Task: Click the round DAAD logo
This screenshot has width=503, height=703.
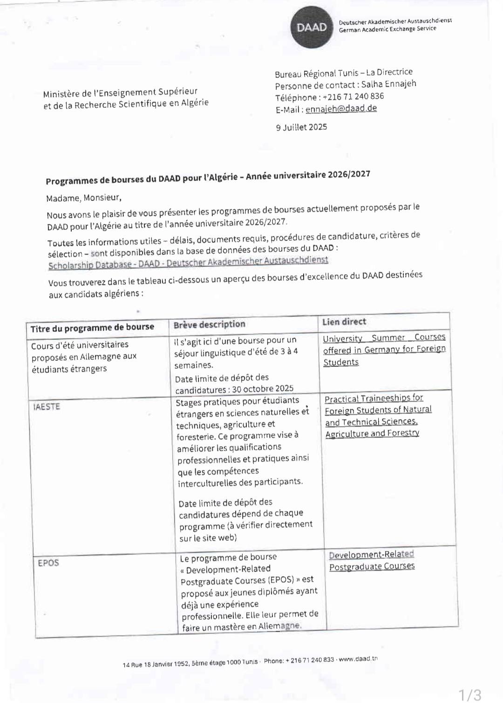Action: pos(312,28)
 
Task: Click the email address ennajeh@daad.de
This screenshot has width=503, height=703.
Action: pos(341,109)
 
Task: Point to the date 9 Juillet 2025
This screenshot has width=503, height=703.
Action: pos(301,127)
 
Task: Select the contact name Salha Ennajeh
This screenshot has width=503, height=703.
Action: pos(388,84)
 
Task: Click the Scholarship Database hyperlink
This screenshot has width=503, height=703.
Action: pos(188,262)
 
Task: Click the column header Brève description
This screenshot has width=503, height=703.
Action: pos(210,324)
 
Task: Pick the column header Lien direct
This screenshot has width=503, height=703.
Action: pos(344,322)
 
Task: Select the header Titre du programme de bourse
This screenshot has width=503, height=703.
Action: pos(92,328)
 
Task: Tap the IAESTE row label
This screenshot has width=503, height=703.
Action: pos(47,407)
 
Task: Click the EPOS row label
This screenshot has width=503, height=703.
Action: pos(48,563)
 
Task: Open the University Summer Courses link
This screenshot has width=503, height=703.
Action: pos(384,349)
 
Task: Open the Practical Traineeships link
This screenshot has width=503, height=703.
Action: pos(378,415)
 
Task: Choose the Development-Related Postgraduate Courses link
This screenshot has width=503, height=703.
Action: pos(372,560)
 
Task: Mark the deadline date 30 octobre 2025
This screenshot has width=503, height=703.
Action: pos(263,389)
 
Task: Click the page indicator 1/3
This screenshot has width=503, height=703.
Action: pos(470,695)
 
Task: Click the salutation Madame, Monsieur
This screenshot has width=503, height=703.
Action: pos(84,198)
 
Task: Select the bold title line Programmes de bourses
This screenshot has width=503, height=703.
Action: pos(208,178)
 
